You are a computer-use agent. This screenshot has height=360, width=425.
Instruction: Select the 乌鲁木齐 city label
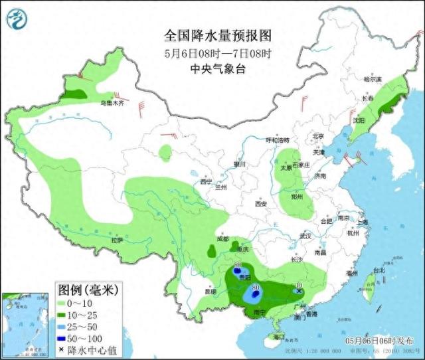pos(112,103)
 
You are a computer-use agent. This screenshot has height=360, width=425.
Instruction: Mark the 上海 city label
pos(362,223)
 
